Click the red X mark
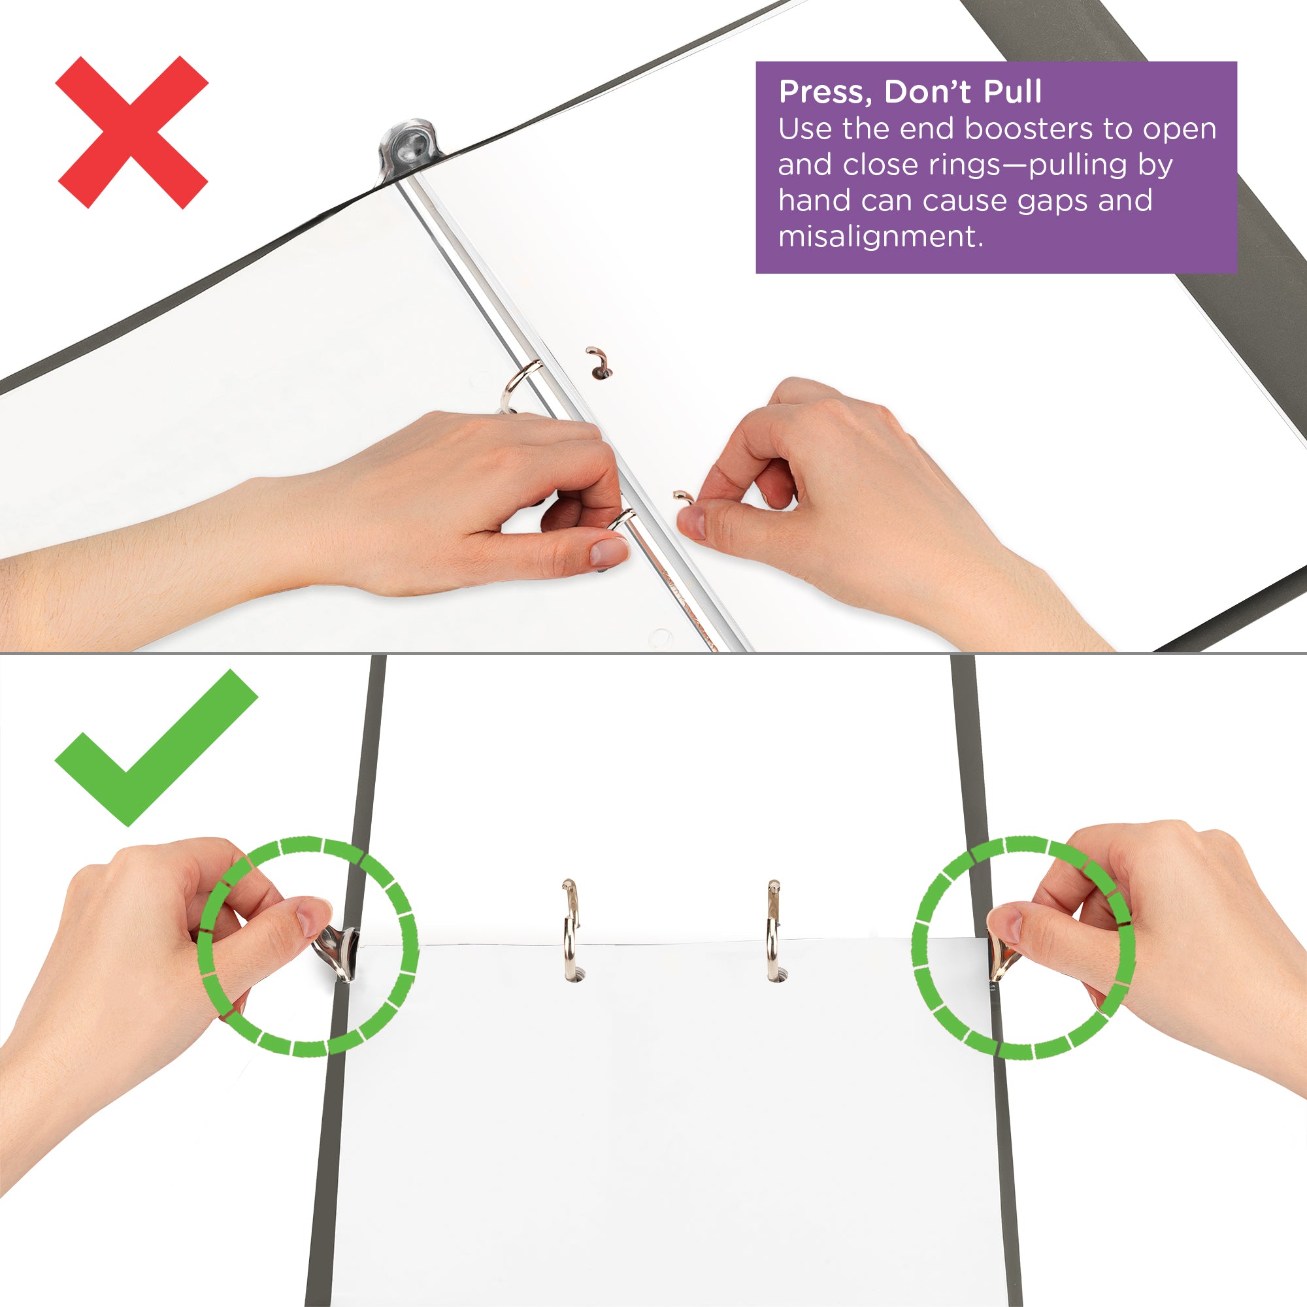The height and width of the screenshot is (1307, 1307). [x=132, y=133]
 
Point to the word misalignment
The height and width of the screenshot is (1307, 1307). [x=880, y=237]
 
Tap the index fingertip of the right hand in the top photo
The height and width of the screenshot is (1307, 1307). [x=690, y=522]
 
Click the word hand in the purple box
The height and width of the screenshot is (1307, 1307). [x=809, y=201]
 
